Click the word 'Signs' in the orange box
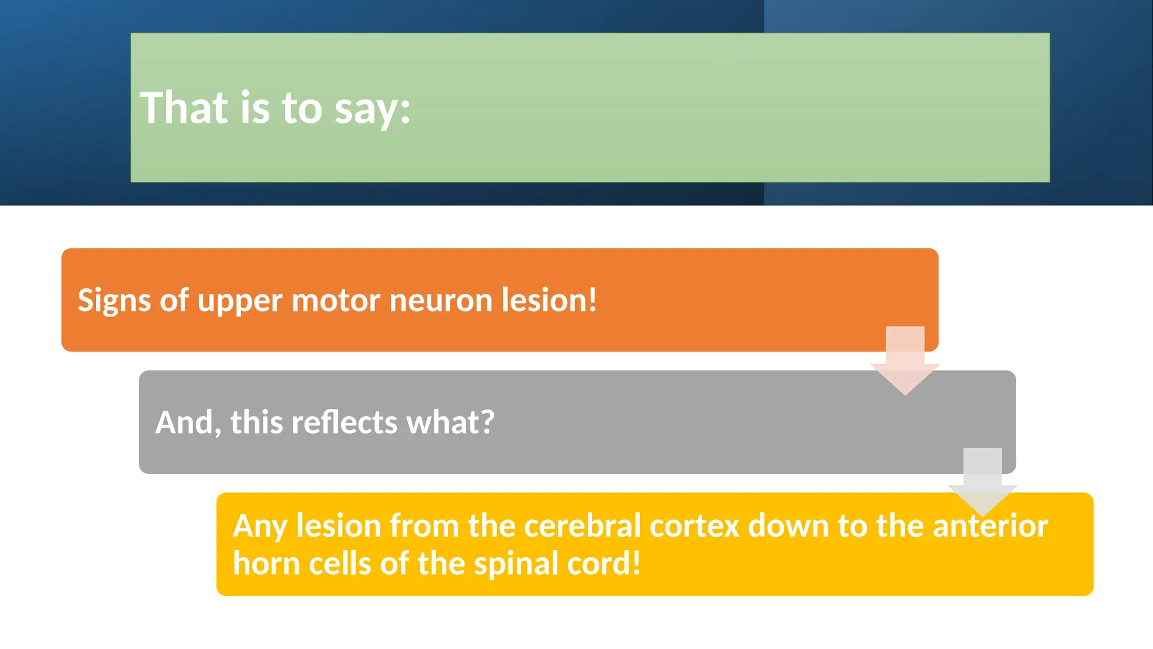coord(114,301)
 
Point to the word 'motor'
coord(336,300)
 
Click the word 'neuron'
coord(440,300)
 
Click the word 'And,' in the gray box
coord(188,423)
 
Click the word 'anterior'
coord(990,526)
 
